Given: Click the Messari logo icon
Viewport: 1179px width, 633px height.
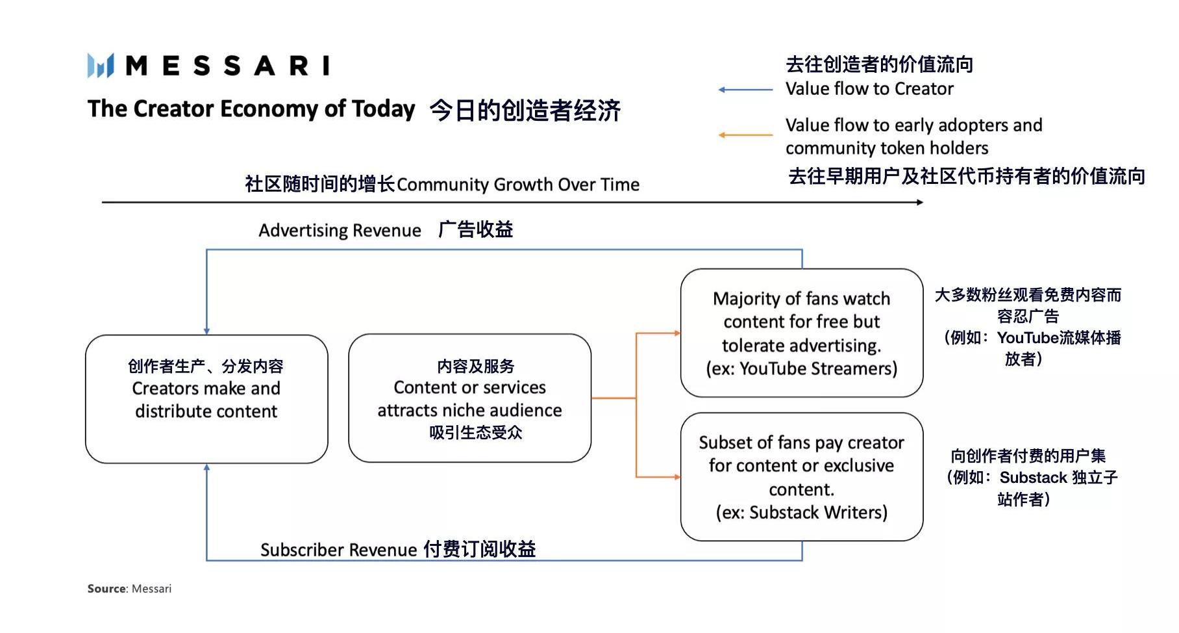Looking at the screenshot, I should pyautogui.click(x=101, y=66).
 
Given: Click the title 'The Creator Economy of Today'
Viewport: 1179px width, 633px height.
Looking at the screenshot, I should pyautogui.click(x=251, y=109).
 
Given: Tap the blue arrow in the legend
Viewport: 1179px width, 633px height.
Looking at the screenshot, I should pyautogui.click(x=745, y=90).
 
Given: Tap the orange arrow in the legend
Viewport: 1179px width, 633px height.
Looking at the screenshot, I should pyautogui.click(x=745, y=135).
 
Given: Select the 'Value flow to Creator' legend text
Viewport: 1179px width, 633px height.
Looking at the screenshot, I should pyautogui.click(x=869, y=89).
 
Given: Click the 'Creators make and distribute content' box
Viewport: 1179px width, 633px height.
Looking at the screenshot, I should pyautogui.click(x=206, y=398).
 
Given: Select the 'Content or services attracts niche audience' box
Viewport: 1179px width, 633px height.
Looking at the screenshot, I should pyautogui.click(x=469, y=398).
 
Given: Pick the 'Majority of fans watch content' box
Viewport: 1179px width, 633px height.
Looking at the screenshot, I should pyautogui.click(x=801, y=333).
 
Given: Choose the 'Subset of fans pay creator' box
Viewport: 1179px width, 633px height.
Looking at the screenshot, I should pyautogui.click(x=801, y=476).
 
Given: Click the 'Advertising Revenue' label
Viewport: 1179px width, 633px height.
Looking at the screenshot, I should pyautogui.click(x=340, y=231).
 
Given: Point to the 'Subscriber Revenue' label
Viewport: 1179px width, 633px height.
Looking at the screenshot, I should pyautogui.click(x=338, y=550).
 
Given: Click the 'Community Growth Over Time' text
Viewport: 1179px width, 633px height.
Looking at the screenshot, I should pyautogui.click(x=517, y=185).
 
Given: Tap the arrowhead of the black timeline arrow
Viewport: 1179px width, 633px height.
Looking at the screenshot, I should pyautogui.click(x=920, y=202).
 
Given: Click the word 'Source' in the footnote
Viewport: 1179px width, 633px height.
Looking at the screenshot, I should pyautogui.click(x=106, y=589).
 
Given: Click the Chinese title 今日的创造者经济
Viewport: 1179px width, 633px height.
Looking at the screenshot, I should pyautogui.click(x=525, y=110).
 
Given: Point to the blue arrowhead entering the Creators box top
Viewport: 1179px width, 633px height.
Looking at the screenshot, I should pyautogui.click(x=206, y=331).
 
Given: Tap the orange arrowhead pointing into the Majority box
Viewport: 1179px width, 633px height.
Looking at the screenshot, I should pyautogui.click(x=677, y=333).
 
